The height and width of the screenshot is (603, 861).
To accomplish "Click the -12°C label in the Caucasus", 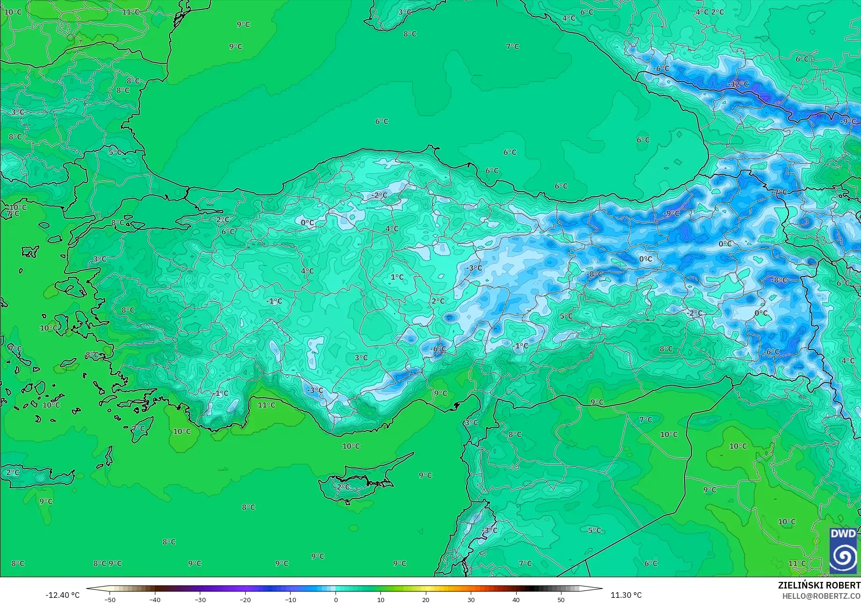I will pyautogui.click(x=738, y=84).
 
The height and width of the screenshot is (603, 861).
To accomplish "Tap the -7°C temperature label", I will pyautogui.click(x=779, y=193).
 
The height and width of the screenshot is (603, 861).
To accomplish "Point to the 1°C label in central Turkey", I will pyautogui.click(x=397, y=277).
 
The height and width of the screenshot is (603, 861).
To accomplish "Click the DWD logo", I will pyautogui.click(x=843, y=551).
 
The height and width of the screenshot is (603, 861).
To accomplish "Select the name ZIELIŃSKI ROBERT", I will pyautogui.click(x=819, y=585).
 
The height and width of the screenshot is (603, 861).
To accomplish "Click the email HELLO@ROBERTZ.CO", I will pyautogui.click(x=821, y=596).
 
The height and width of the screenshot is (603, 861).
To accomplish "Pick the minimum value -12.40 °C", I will pyautogui.click(x=63, y=595).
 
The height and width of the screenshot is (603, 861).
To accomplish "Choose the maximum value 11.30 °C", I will pyautogui.click(x=626, y=595).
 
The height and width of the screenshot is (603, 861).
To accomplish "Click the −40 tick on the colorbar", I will pyautogui.click(x=155, y=599).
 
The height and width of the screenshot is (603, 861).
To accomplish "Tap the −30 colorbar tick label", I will pyautogui.click(x=200, y=599).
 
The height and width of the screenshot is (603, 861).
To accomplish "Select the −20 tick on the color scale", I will pyautogui.click(x=245, y=599).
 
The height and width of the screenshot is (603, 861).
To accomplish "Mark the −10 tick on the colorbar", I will pyautogui.click(x=290, y=599).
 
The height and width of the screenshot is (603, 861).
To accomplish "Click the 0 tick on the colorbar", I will pyautogui.click(x=336, y=599).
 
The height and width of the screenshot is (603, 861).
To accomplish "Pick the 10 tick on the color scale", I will pyautogui.click(x=380, y=599).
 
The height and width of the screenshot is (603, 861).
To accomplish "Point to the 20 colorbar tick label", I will pyautogui.click(x=426, y=599).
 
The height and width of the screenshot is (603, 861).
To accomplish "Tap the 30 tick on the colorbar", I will pyautogui.click(x=471, y=599).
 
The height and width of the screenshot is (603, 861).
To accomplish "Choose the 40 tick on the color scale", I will pyautogui.click(x=516, y=599).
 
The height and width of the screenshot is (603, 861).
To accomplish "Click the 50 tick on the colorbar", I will pyautogui.click(x=561, y=599).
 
